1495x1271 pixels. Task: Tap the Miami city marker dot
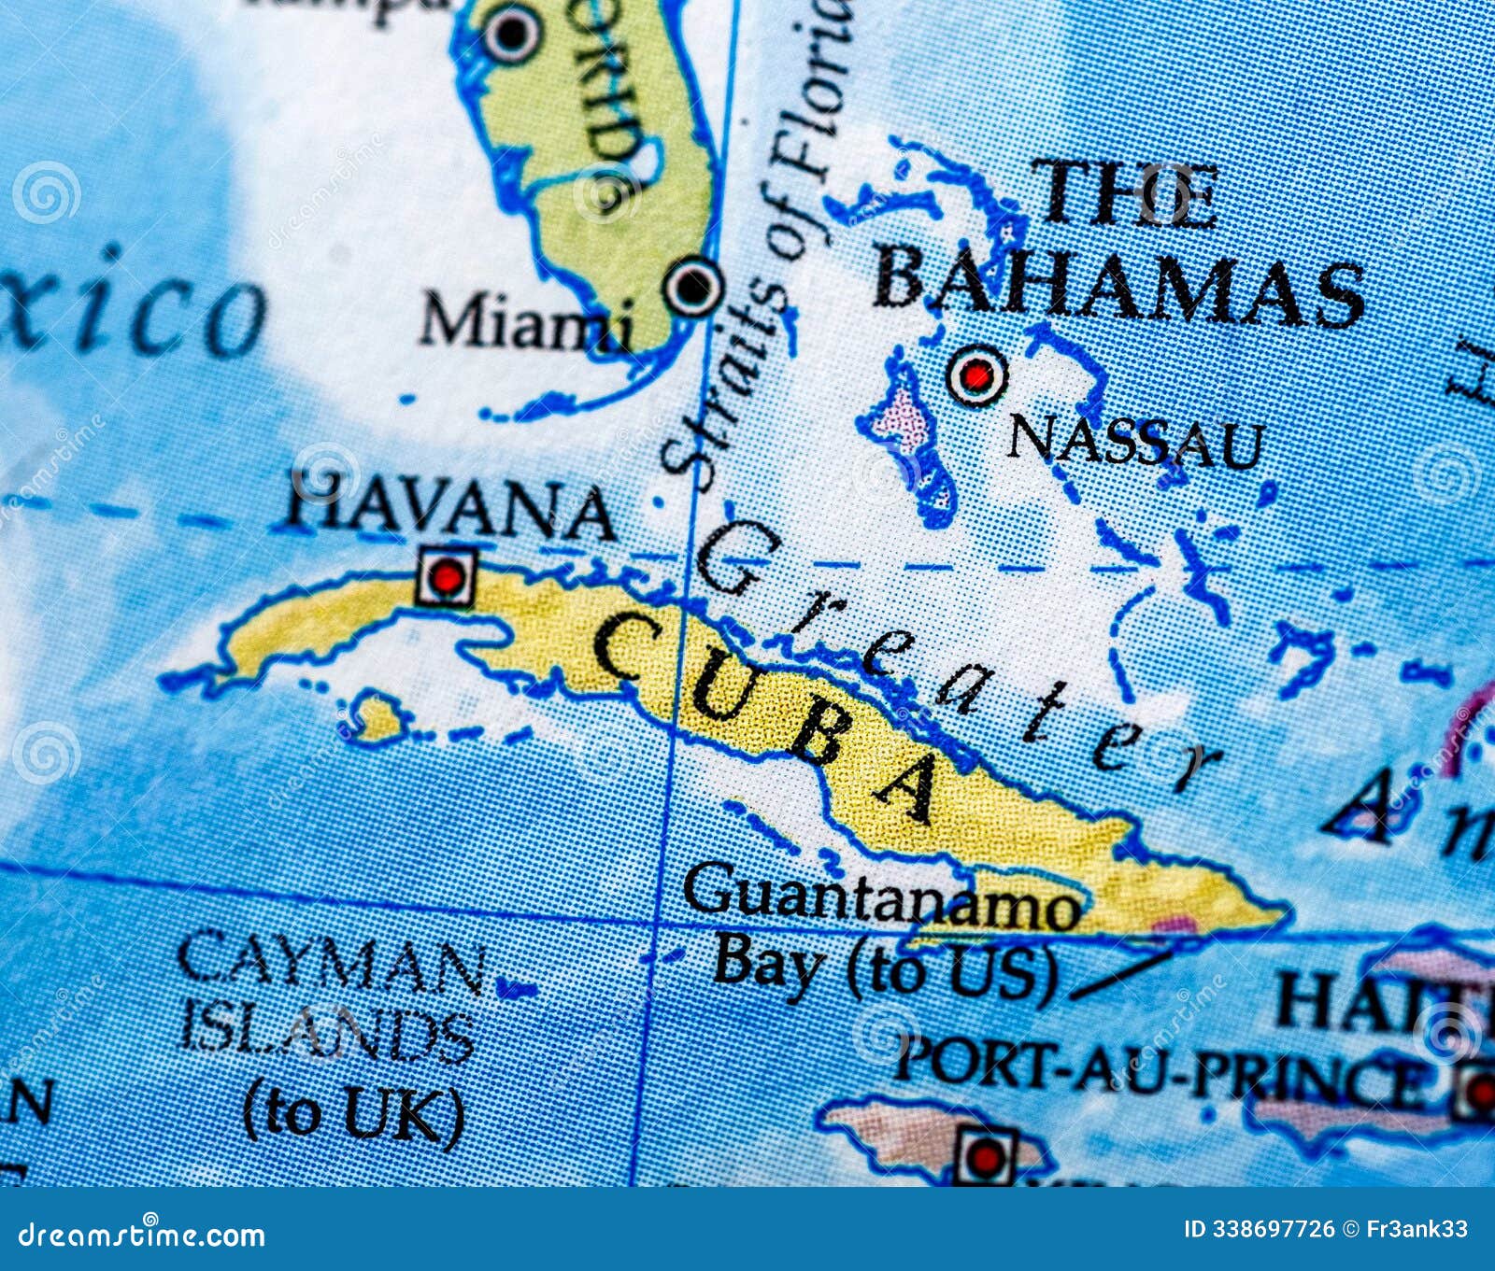click(x=693, y=287)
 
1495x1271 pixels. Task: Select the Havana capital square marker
click(x=448, y=576)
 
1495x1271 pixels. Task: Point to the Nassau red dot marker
click(x=977, y=376)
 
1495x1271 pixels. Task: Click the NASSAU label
click(x=1134, y=443)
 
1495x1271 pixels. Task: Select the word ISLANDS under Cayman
click(x=327, y=1036)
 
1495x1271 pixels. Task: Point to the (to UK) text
click(x=353, y=1111)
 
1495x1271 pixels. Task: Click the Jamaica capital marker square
click(x=984, y=1158)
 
